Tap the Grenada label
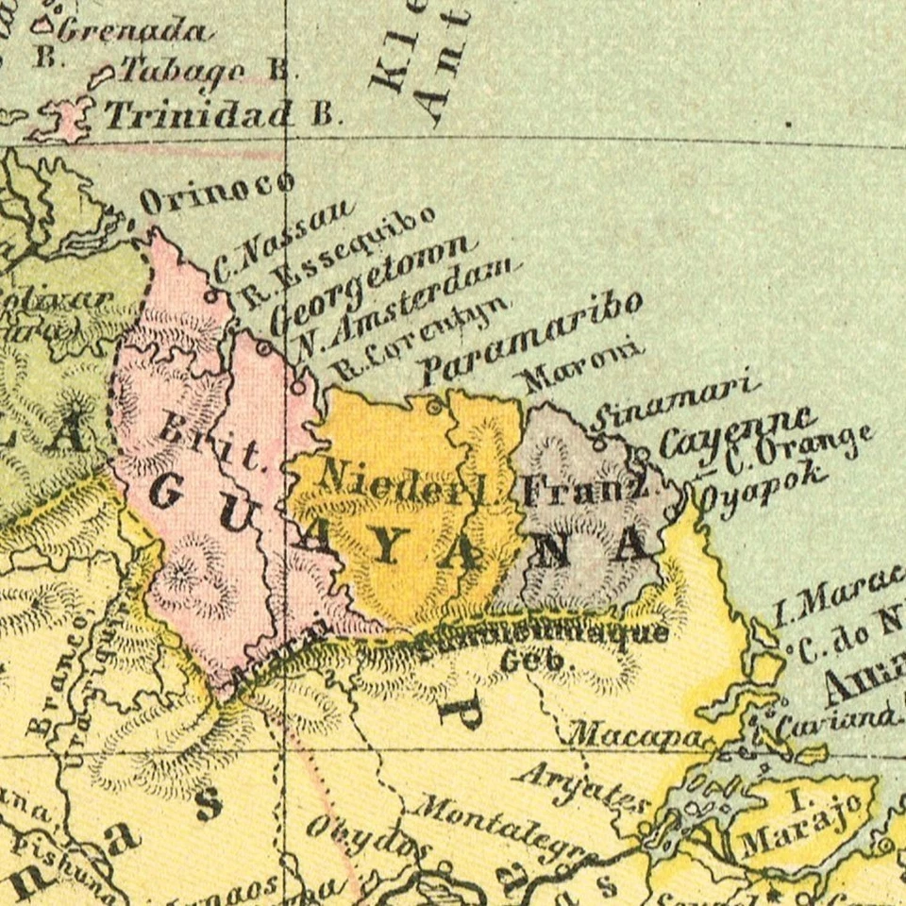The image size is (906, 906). tap(132, 31)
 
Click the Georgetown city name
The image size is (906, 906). tap(368, 283)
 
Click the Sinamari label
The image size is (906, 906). tap(676, 401)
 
